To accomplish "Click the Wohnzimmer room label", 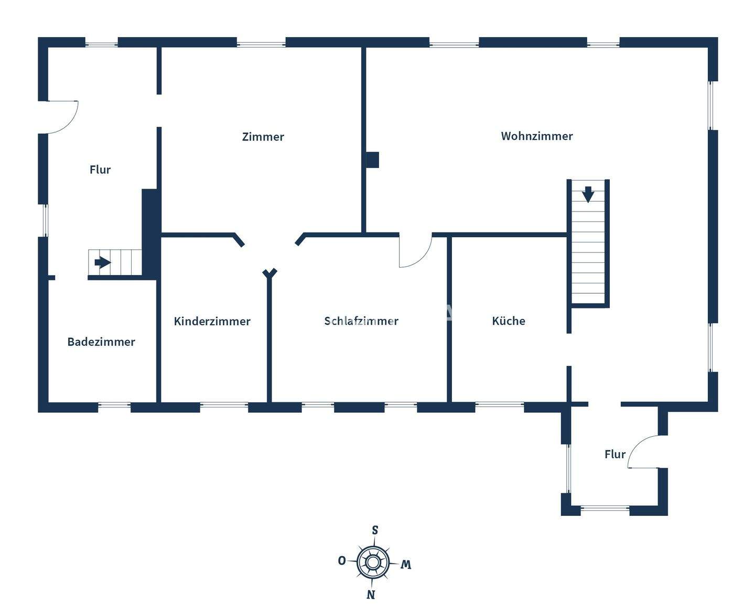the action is click(x=537, y=136).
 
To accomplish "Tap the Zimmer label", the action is click(x=263, y=137).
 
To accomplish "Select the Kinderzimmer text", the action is click(x=212, y=321).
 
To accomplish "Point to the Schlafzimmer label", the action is click(x=361, y=321).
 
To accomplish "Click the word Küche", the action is click(x=509, y=321).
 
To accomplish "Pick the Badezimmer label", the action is click(x=101, y=342).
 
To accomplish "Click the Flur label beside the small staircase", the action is click(x=100, y=170).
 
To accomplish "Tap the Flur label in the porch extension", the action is click(x=615, y=454).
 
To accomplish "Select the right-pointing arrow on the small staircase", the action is click(x=102, y=262).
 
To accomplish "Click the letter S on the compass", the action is click(x=375, y=530).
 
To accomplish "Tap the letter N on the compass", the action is click(x=371, y=594).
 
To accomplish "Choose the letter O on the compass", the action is click(x=342, y=561).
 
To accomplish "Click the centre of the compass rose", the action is click(x=373, y=563).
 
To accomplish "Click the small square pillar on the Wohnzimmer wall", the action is click(x=372, y=160).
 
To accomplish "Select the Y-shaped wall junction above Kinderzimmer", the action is click(x=269, y=273).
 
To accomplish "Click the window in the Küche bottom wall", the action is click(x=499, y=404).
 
